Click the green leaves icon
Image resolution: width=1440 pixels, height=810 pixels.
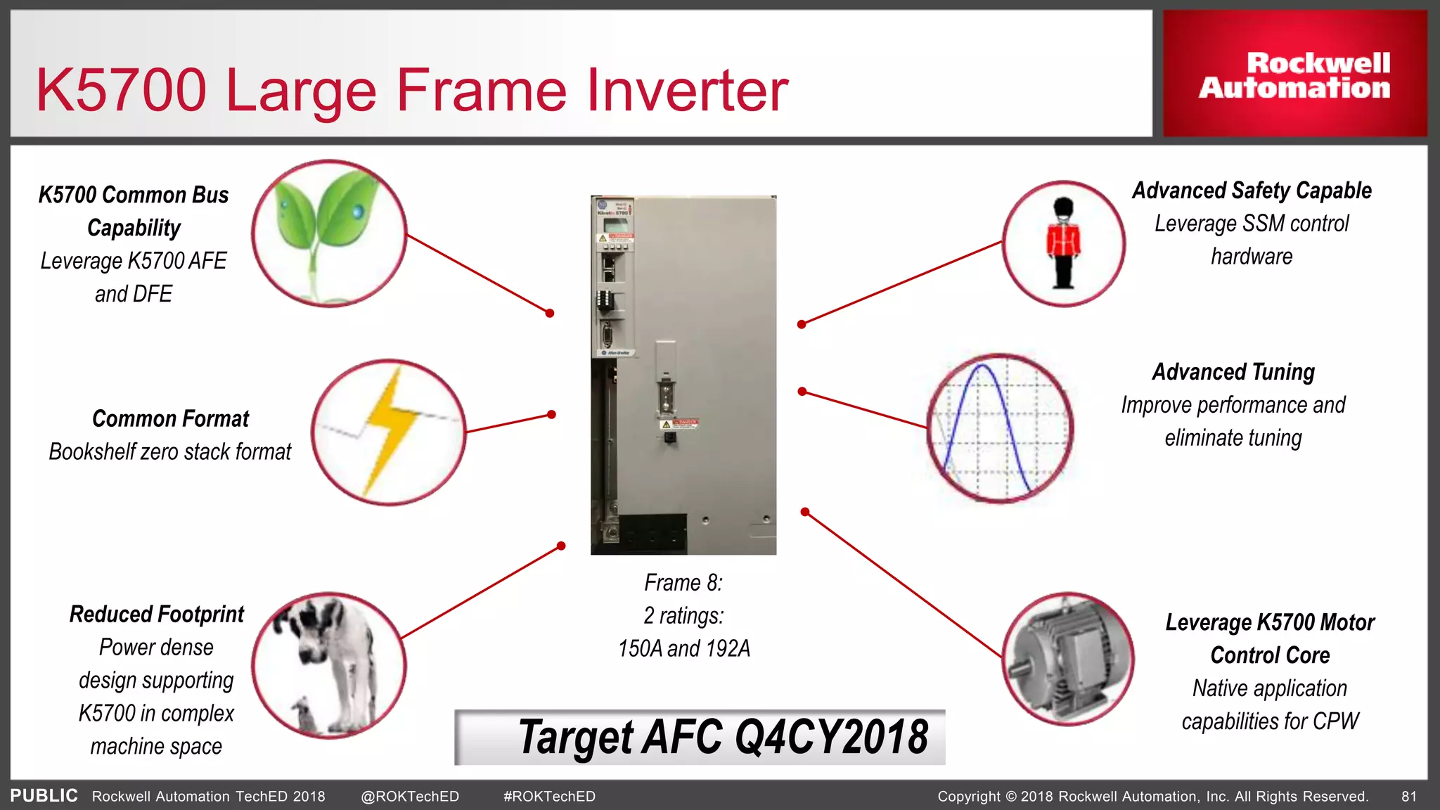(x=328, y=233)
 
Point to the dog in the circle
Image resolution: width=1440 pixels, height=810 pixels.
(x=328, y=664)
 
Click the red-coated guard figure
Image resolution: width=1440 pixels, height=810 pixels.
(x=1063, y=244)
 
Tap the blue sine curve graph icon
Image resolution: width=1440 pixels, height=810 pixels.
(x=999, y=427)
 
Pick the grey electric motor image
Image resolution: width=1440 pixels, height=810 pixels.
(x=1067, y=659)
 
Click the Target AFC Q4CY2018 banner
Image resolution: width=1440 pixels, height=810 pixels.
(x=700, y=737)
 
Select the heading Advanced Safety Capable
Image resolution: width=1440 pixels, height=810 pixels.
(x=1252, y=191)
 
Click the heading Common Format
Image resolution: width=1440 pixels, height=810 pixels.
(x=170, y=419)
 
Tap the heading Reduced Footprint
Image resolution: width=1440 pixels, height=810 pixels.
(x=156, y=615)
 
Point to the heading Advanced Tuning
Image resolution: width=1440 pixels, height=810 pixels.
(x=1233, y=372)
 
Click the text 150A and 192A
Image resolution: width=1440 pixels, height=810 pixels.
(x=683, y=648)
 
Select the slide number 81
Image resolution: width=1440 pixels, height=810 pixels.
(x=1408, y=797)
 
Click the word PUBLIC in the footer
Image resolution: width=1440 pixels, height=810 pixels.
(x=44, y=796)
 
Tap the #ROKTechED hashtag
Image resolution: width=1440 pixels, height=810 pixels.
(x=549, y=797)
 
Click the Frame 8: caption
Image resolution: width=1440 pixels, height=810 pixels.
(x=683, y=583)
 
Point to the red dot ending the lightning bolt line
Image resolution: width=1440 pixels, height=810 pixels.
(x=552, y=415)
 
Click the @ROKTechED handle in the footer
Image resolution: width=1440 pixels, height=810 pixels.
(x=409, y=797)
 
